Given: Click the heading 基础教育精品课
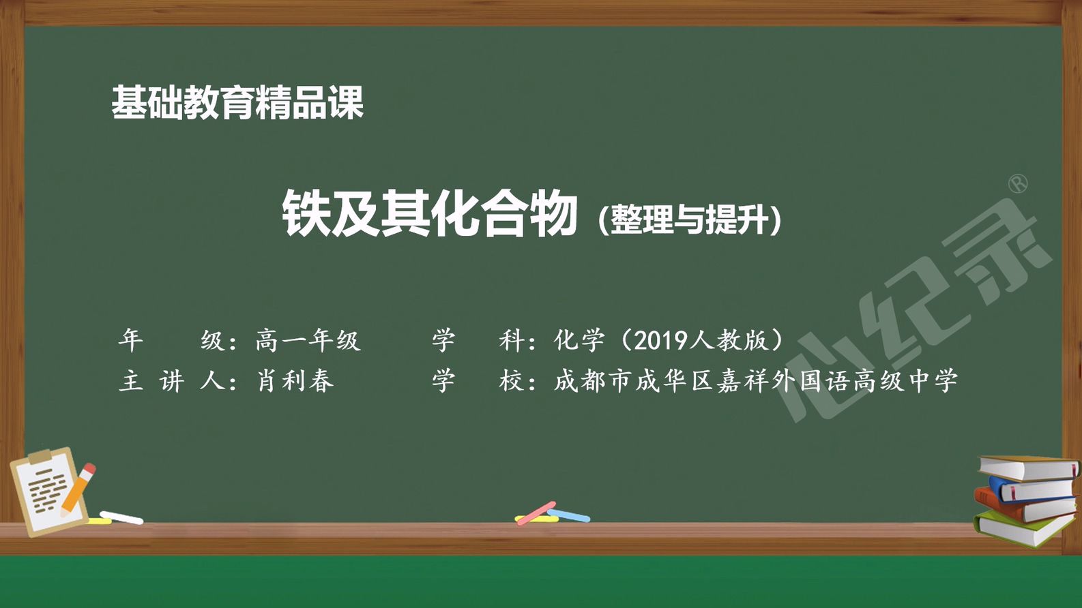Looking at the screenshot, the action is (x=237, y=102).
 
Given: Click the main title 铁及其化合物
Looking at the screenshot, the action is (x=429, y=213).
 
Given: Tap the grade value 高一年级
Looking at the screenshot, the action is (x=308, y=340).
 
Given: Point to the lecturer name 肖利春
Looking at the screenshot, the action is (x=295, y=381).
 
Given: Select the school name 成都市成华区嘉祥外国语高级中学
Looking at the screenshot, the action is (x=755, y=381).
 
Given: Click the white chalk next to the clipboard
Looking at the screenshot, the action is (x=121, y=518).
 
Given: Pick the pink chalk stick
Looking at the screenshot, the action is (x=536, y=513).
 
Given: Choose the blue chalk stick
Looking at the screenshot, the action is (x=568, y=515).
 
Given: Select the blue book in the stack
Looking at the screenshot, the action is (x=1032, y=488).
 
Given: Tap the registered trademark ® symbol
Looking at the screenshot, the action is (x=1019, y=184).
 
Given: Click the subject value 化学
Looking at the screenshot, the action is (x=579, y=340).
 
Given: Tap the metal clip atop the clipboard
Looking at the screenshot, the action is (x=40, y=455).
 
